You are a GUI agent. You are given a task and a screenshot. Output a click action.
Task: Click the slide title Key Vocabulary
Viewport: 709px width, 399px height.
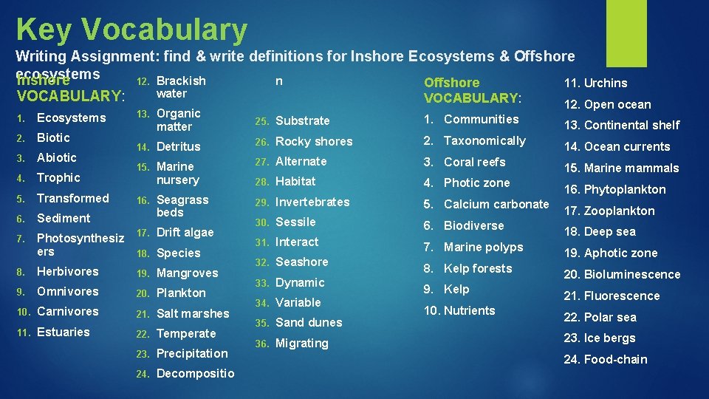coord(131,30)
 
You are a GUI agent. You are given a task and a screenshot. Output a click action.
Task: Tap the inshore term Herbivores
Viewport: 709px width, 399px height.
coord(67,272)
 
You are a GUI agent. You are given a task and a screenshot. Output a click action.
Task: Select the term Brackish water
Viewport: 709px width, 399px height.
coord(181,87)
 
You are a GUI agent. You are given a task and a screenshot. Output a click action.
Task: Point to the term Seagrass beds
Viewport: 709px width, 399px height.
coord(182,206)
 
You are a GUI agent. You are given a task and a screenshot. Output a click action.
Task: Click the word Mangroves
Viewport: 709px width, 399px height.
coord(187,273)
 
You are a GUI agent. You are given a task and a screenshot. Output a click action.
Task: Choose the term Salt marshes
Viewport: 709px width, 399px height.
coord(193,314)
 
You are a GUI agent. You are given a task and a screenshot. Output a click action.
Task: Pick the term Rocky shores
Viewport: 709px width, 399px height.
coord(313,142)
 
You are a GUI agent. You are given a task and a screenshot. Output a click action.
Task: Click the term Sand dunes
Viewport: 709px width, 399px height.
coord(308,323)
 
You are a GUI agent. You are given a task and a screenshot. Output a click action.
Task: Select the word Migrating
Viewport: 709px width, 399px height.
coord(301,344)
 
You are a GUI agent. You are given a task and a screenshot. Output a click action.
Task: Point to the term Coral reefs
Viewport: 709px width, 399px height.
coord(474,163)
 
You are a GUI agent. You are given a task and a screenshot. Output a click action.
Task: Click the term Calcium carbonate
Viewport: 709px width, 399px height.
coord(496,205)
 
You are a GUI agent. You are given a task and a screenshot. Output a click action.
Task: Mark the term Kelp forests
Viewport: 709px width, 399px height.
coord(477,269)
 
